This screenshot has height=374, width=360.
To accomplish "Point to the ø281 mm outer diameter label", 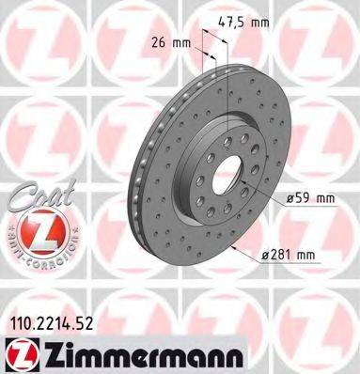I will pyautogui.click(x=287, y=255).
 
